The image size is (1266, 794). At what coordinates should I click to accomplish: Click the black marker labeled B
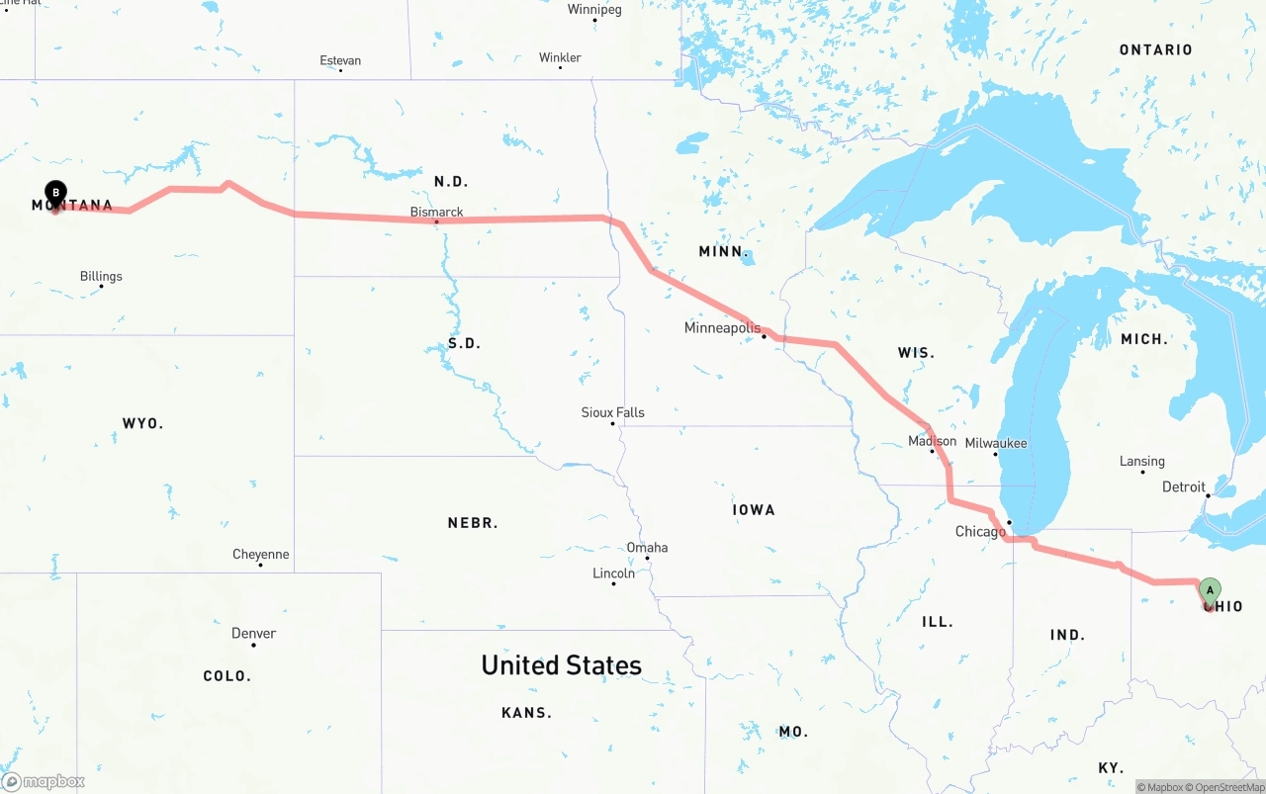coord(55,192)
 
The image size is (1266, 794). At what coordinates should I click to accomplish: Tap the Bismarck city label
coord(437,212)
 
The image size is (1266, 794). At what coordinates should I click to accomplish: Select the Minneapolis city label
coord(723,327)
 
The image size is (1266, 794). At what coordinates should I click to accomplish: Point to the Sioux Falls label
coord(612,412)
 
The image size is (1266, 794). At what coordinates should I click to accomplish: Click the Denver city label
coord(253,633)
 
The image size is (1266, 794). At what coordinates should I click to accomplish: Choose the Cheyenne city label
coord(261,554)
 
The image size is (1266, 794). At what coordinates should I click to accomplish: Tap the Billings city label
coord(101,276)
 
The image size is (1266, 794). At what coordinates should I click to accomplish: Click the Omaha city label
coord(647,547)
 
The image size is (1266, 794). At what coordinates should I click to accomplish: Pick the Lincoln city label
coord(613,573)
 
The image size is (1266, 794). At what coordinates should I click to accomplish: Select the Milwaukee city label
coord(996,443)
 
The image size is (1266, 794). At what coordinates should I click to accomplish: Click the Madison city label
coord(932,441)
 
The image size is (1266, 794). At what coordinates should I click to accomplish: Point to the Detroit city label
coord(1184,486)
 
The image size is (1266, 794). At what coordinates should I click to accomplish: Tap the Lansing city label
coord(1142,461)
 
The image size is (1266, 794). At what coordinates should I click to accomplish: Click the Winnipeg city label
coord(594,10)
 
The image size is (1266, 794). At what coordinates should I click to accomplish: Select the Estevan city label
coord(340,60)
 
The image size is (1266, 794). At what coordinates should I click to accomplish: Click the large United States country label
coord(561,665)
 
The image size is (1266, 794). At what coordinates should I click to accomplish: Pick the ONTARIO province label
coord(1155,49)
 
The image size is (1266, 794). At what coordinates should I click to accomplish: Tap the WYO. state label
coord(142,423)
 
